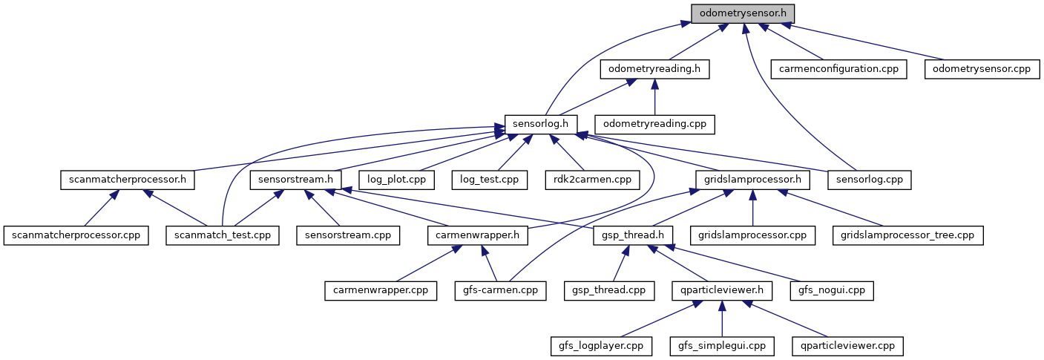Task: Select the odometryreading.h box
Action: (x=654, y=69)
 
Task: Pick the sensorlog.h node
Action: (x=536, y=124)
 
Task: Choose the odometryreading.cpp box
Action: (x=654, y=124)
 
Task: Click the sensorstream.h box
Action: (x=295, y=180)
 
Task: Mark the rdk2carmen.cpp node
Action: (x=591, y=180)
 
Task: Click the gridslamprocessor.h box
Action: (x=752, y=180)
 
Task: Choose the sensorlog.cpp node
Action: (x=863, y=180)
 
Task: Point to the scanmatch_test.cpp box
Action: (x=223, y=235)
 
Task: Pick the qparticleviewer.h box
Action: (x=722, y=290)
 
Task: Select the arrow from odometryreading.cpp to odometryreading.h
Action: (x=654, y=96)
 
